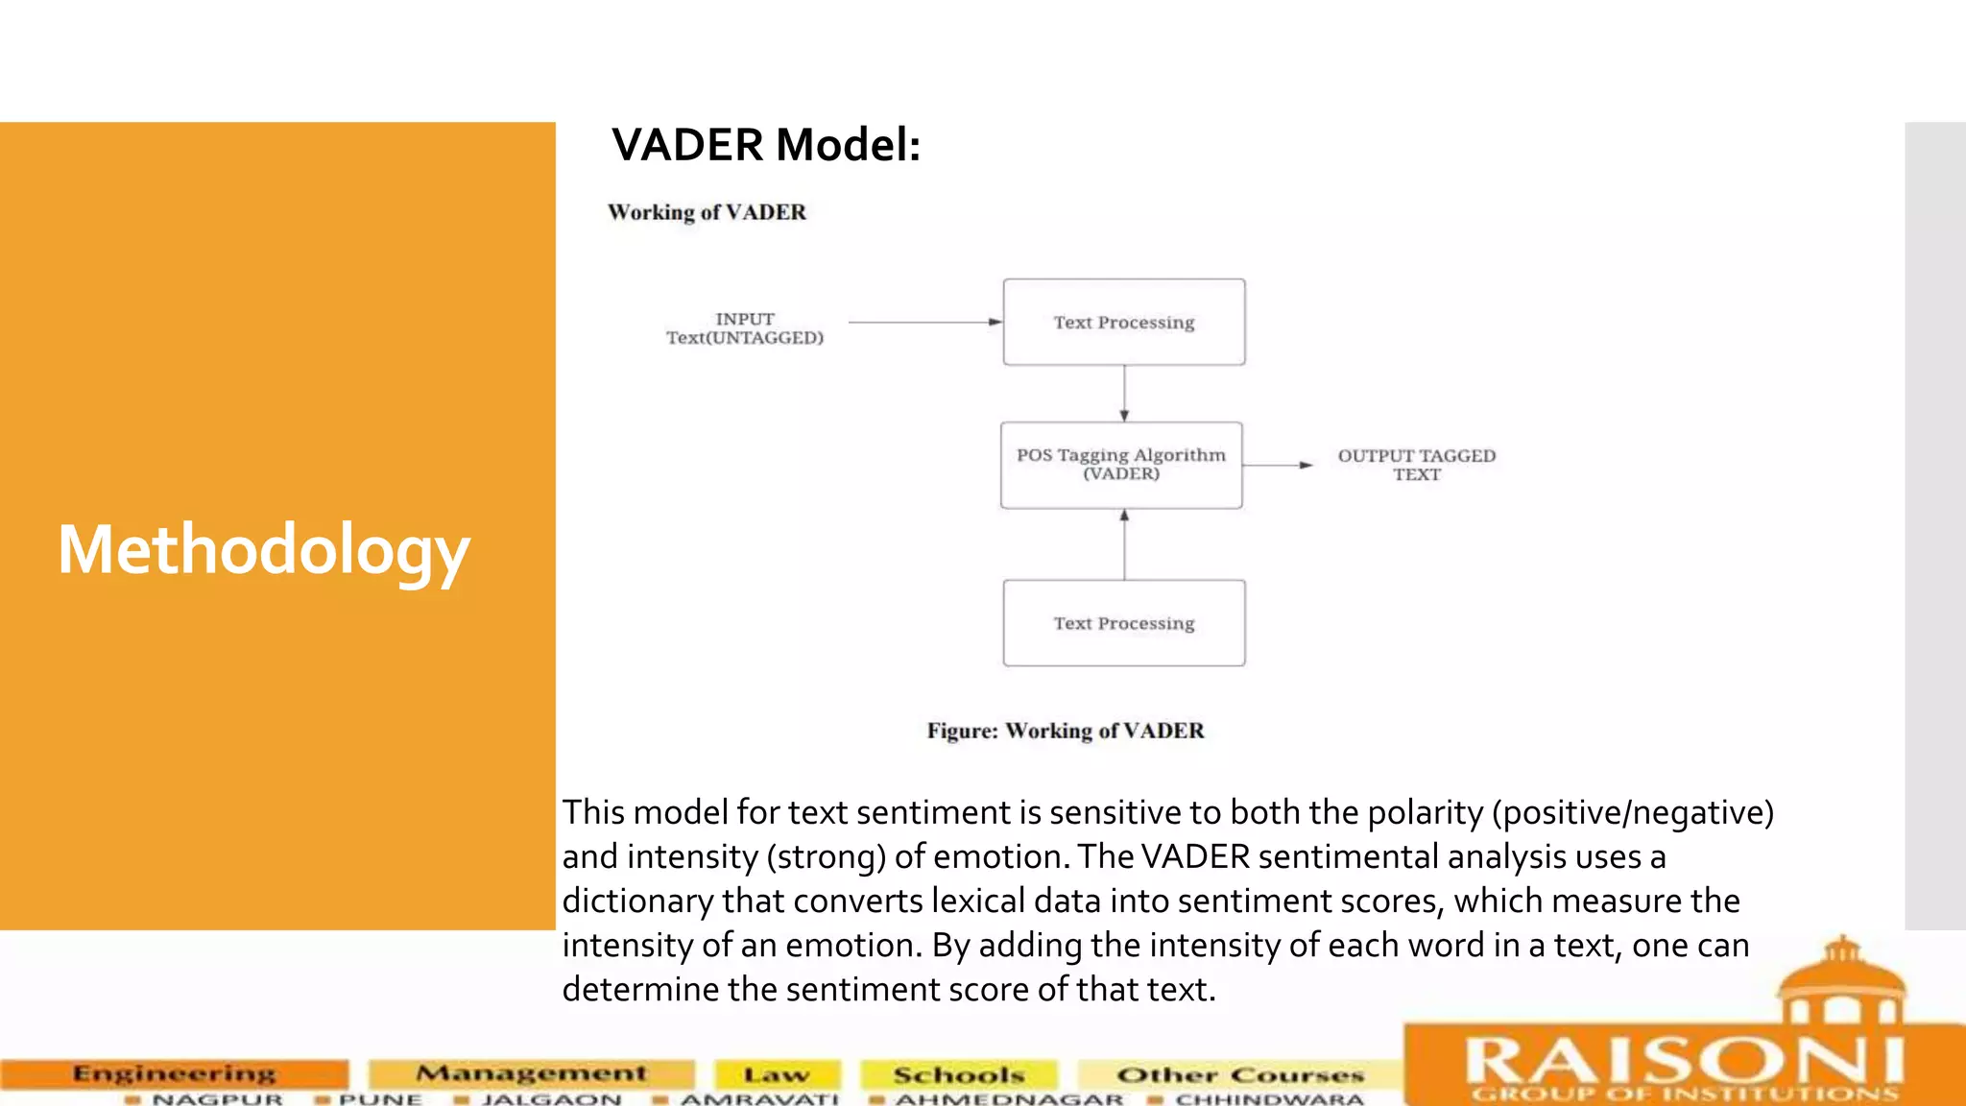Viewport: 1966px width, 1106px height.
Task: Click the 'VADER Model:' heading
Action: pos(766,146)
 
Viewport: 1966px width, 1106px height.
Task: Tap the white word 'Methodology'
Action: pos(264,550)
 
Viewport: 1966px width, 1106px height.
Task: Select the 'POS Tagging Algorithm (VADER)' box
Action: pos(1121,465)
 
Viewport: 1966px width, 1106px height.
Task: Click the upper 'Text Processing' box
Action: pos(1124,323)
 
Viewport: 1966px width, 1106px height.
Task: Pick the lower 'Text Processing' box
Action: pos(1124,623)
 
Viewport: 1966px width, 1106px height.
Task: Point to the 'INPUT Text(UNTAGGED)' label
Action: pos(745,328)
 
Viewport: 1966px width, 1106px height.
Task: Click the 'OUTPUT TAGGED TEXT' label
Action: pos(1417,465)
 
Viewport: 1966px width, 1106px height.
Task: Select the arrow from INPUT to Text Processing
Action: pos(923,323)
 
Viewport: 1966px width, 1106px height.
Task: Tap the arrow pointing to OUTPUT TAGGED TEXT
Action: pos(1278,465)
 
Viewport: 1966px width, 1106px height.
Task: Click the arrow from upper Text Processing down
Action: pos(1124,393)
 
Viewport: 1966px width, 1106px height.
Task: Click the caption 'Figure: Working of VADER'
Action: pos(1065,731)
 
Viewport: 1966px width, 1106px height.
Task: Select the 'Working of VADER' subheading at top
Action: pos(707,212)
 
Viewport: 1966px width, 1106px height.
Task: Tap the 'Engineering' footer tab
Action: pos(174,1073)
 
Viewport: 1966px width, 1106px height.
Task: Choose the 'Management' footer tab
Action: pos(531,1073)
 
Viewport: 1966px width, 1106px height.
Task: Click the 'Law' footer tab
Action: pos(777,1075)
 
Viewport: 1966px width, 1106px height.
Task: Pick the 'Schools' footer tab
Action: pos(959,1075)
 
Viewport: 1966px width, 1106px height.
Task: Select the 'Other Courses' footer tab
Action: pos(1240,1075)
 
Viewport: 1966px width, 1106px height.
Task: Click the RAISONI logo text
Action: pos(1685,1061)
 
